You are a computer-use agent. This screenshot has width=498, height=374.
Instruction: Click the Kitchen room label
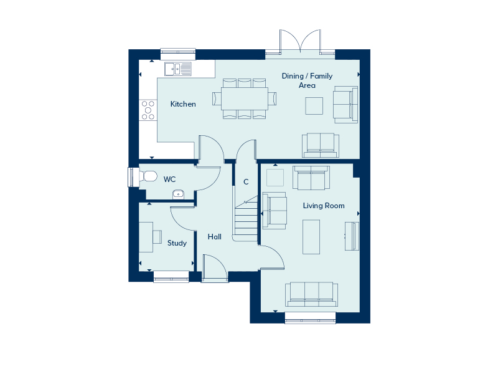click(183, 104)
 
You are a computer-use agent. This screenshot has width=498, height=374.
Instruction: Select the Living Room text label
click(323, 206)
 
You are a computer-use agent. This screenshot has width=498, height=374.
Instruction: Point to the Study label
click(177, 243)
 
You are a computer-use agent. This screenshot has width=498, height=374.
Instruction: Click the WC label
click(169, 180)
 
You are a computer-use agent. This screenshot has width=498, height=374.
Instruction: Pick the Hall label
click(215, 237)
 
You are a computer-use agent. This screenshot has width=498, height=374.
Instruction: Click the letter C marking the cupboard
click(246, 182)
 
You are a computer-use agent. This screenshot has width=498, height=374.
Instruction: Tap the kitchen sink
click(178, 69)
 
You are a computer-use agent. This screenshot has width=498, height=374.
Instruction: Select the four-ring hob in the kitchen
click(148, 110)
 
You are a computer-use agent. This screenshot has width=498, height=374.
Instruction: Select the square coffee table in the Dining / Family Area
click(314, 106)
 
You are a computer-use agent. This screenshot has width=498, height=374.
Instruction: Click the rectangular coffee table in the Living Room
click(311, 237)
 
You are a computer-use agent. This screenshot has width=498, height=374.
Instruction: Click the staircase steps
click(246, 218)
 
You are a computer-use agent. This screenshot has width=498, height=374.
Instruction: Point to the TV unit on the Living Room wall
click(352, 236)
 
